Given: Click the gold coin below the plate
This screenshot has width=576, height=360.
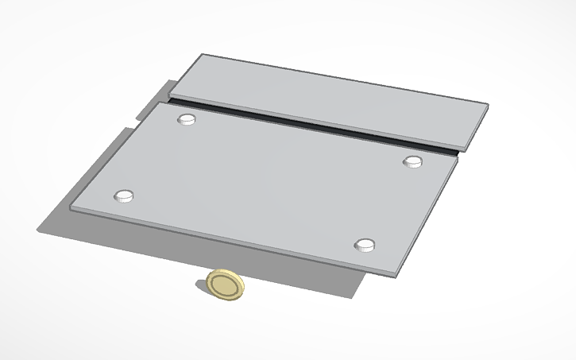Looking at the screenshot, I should pyautogui.click(x=225, y=285).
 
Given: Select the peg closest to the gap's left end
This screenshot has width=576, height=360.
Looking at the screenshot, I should pyautogui.click(x=187, y=119).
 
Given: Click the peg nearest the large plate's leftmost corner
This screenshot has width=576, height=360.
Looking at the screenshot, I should pyautogui.click(x=124, y=195).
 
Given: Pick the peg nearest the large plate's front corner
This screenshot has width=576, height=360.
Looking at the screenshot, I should pyautogui.click(x=365, y=244).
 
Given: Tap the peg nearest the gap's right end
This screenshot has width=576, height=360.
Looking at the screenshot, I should pyautogui.click(x=412, y=162).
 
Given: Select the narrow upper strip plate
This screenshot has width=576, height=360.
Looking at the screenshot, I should pyautogui.click(x=330, y=99).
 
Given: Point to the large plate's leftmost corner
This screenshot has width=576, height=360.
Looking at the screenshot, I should pyautogui.click(x=72, y=209).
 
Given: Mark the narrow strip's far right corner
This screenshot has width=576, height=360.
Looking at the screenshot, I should pyautogui.click(x=487, y=105).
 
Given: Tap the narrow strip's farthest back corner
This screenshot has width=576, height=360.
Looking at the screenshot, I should pyautogui.click(x=203, y=55).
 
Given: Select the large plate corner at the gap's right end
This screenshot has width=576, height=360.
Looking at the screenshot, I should pyautogui.click(x=459, y=156).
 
